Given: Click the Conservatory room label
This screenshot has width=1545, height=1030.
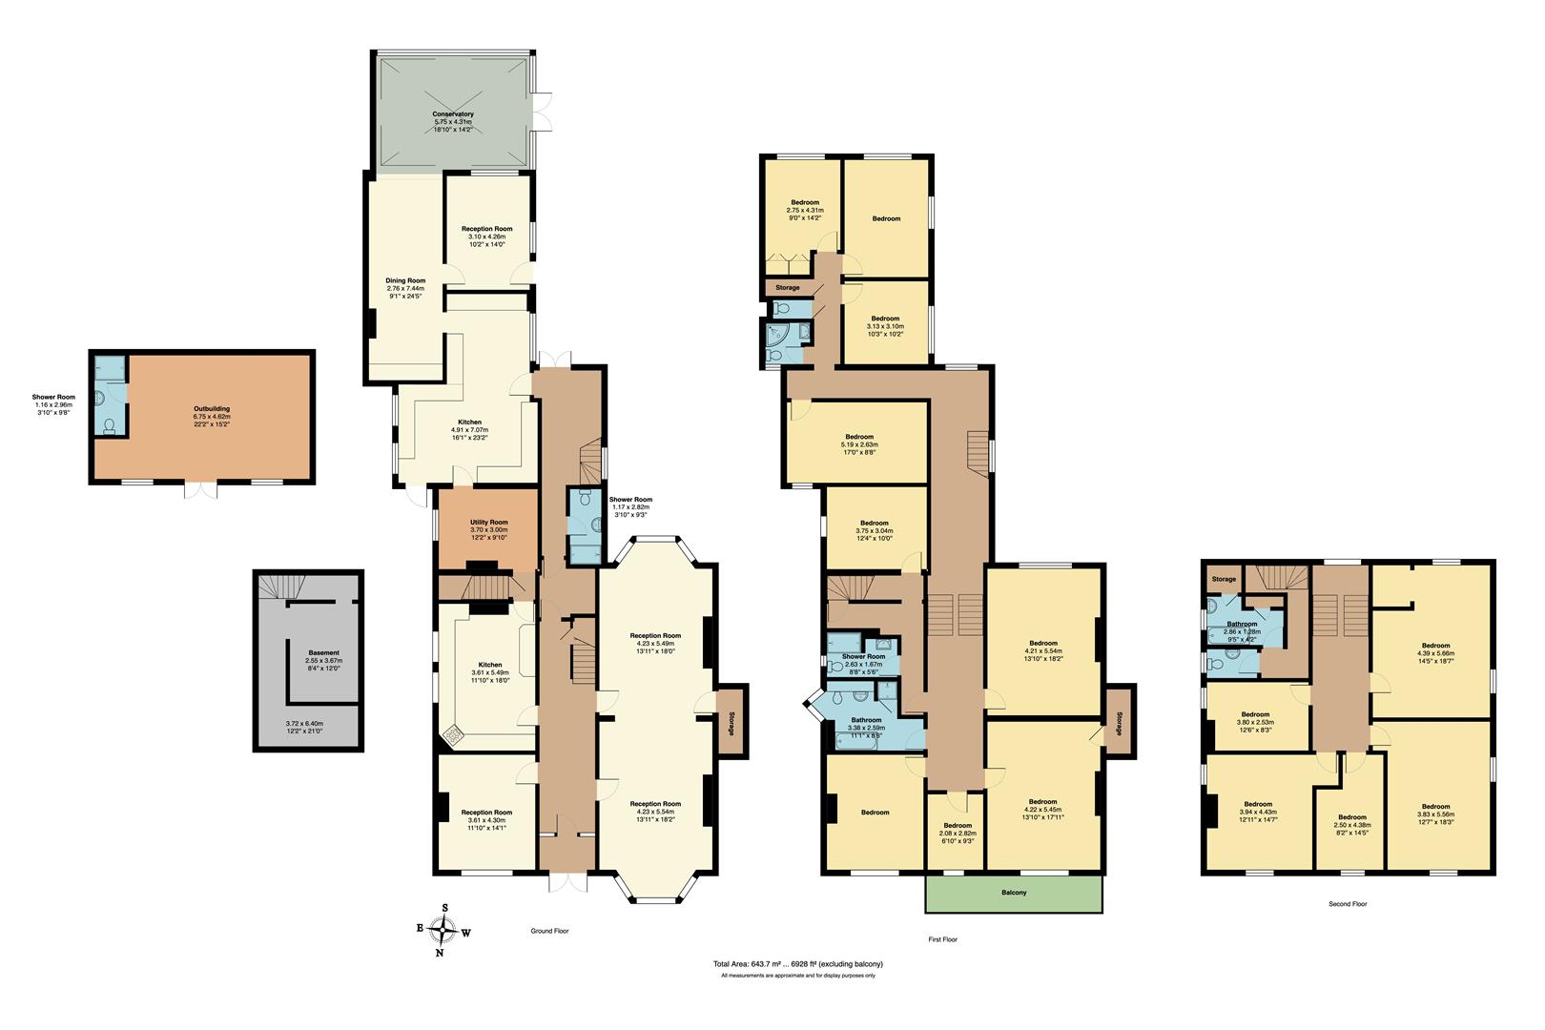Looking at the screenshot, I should point(453,114).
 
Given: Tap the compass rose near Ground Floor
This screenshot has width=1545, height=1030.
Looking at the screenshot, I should point(443,929).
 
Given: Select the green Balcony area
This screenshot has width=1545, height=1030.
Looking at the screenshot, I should point(1014,894).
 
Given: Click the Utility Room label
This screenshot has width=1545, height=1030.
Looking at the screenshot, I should point(488,523).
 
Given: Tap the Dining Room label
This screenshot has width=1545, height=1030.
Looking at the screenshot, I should point(405,280).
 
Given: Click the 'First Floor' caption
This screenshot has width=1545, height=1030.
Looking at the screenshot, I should point(942,939).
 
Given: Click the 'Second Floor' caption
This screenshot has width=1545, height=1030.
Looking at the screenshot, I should point(1347,903).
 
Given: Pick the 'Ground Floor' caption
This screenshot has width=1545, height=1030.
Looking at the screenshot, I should point(549,930).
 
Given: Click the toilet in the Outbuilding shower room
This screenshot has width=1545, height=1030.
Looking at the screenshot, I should point(111,427).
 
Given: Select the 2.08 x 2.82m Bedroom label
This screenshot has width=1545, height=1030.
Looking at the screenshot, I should point(958,825).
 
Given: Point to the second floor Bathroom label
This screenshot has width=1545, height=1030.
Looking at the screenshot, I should point(1242,625).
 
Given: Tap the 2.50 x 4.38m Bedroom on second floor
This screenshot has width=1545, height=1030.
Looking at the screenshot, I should point(1351,817).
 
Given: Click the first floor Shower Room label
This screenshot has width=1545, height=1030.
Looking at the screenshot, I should point(862,656).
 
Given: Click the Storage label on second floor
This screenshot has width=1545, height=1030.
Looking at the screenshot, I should point(1224,579).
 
